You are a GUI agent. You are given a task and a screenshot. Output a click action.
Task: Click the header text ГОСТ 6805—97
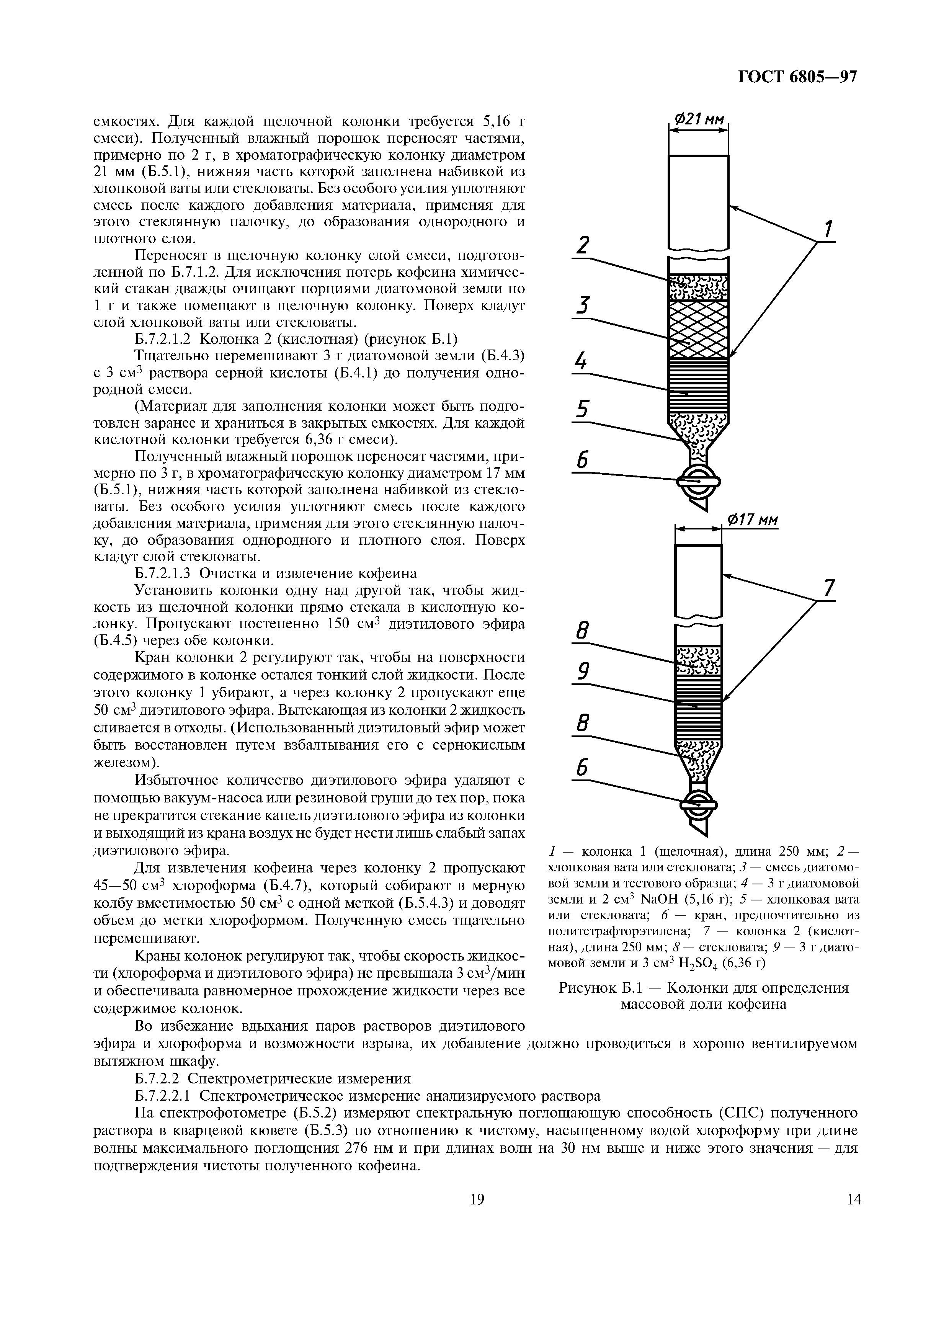coord(797,77)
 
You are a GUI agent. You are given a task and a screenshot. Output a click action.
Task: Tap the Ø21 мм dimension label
coord(699,120)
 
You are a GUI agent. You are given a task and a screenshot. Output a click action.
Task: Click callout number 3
coord(582,306)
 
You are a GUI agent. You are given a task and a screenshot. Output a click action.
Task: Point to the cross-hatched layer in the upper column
coord(699,329)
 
